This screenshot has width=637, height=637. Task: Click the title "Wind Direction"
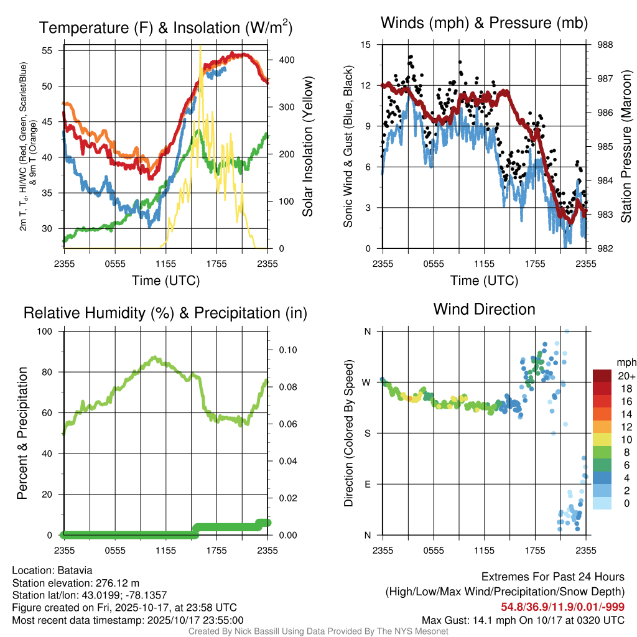tap(484, 309)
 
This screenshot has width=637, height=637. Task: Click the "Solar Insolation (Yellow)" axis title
tap(307, 147)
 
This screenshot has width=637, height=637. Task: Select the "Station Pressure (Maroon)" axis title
tap(626, 147)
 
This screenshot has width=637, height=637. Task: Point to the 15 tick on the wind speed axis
tap(366, 45)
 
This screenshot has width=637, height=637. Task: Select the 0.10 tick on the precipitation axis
tap(287, 350)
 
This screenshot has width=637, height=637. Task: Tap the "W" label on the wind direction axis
tap(367, 382)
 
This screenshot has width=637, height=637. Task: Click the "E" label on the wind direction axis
tap(368, 484)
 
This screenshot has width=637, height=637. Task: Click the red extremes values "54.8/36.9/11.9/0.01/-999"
tap(563, 607)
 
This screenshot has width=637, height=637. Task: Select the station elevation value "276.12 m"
tap(116, 582)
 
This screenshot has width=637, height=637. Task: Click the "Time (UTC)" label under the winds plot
tap(484, 281)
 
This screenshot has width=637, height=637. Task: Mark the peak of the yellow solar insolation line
tap(200, 47)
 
